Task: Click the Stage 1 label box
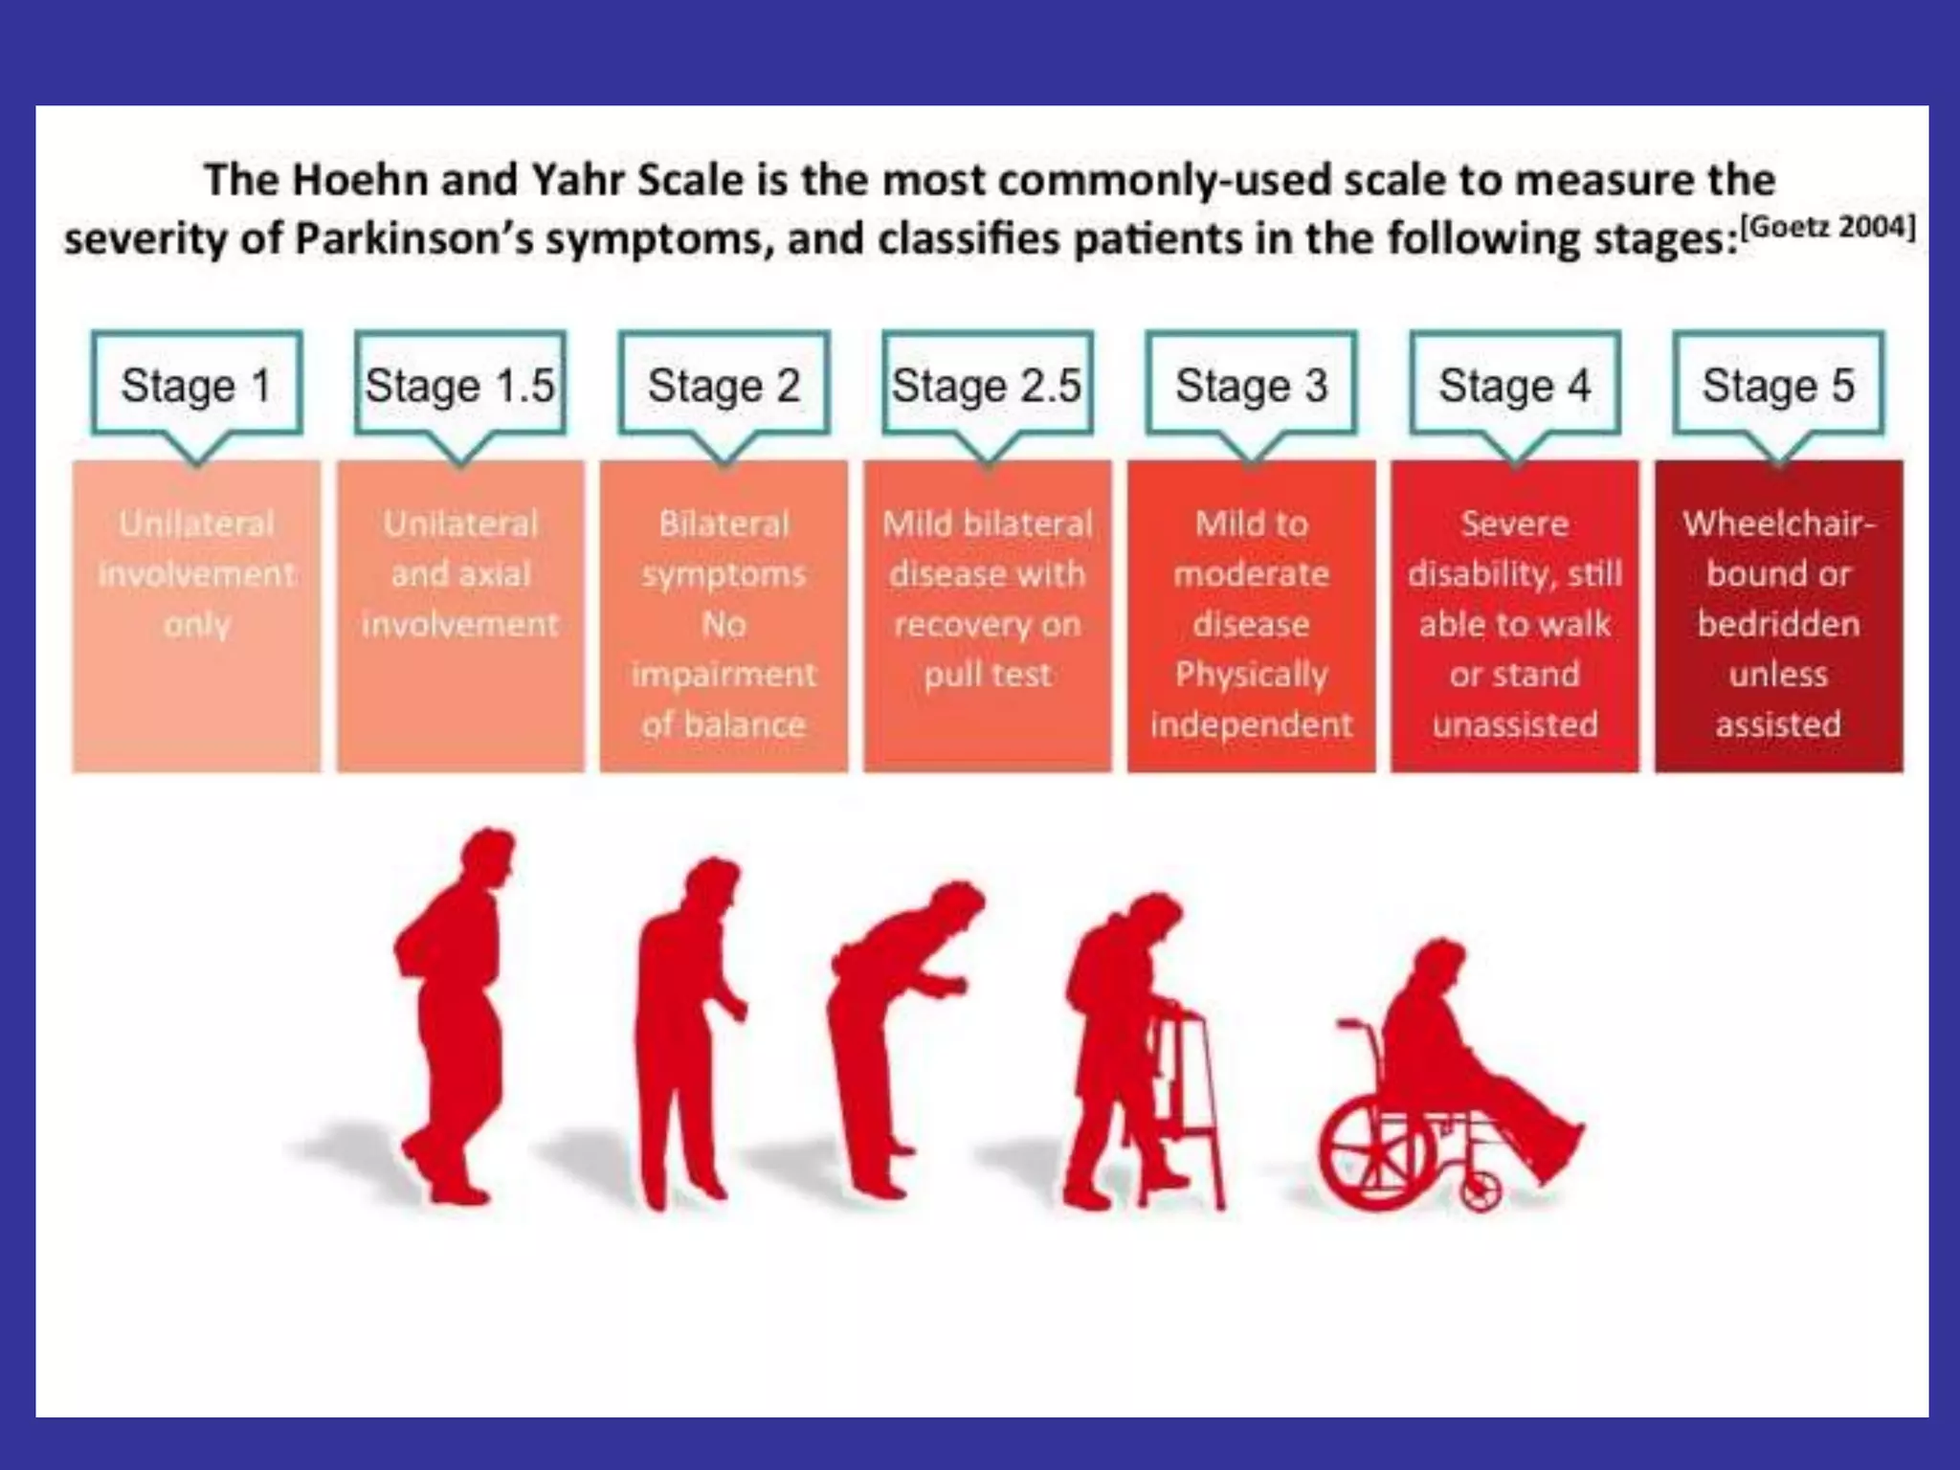(196, 385)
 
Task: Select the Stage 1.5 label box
(460, 385)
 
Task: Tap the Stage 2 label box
(724, 385)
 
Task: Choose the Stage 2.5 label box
(987, 385)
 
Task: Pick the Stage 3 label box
(1251, 385)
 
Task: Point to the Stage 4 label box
(1515, 385)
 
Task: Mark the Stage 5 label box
(1778, 385)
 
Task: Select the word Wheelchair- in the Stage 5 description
(1778, 523)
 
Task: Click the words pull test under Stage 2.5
(987, 675)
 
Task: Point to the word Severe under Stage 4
(1515, 523)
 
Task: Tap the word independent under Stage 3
(1251, 724)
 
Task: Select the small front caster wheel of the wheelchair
(1481, 1192)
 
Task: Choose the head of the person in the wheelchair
(1438, 962)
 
